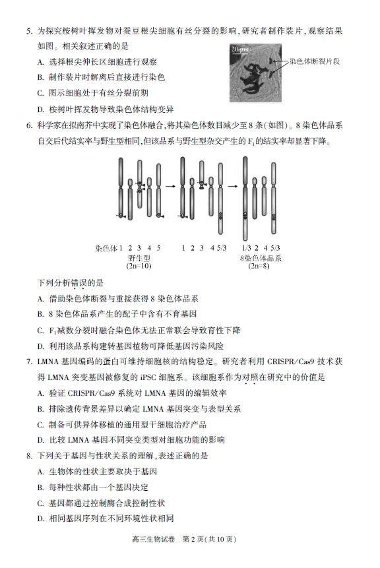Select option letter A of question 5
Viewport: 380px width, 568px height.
click(x=41, y=62)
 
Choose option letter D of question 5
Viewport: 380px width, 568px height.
click(x=41, y=109)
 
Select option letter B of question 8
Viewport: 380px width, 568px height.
click(x=41, y=488)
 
